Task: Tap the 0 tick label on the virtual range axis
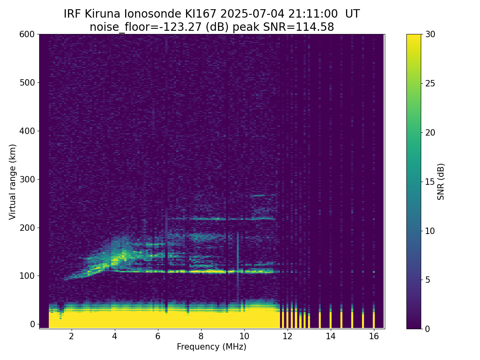32,324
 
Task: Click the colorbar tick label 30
430,34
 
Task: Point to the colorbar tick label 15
430,182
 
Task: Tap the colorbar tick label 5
428,280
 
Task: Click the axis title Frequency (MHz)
212,347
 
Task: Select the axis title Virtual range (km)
13,182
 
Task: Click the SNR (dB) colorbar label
441,182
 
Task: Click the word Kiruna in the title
102,14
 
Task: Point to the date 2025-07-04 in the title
252,14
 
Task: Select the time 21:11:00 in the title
313,14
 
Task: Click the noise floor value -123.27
182,27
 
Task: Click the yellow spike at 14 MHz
331,320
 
